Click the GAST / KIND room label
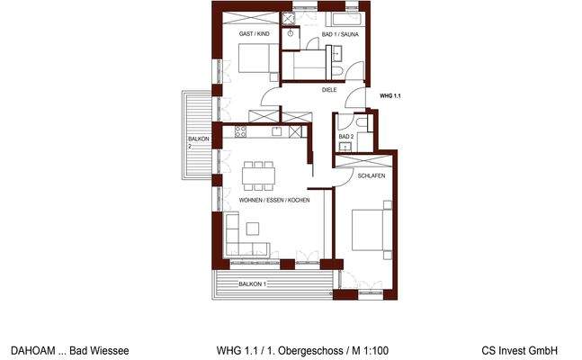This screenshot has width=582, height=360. (x=254, y=34)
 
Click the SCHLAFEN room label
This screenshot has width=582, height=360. (x=371, y=177)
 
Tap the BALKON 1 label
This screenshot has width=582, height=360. (x=254, y=283)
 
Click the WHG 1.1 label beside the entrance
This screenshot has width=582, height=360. (x=389, y=95)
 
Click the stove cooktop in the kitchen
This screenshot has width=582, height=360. (x=241, y=131)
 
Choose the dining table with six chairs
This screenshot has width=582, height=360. (x=260, y=172)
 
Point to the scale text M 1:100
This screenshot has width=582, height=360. (x=366, y=350)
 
